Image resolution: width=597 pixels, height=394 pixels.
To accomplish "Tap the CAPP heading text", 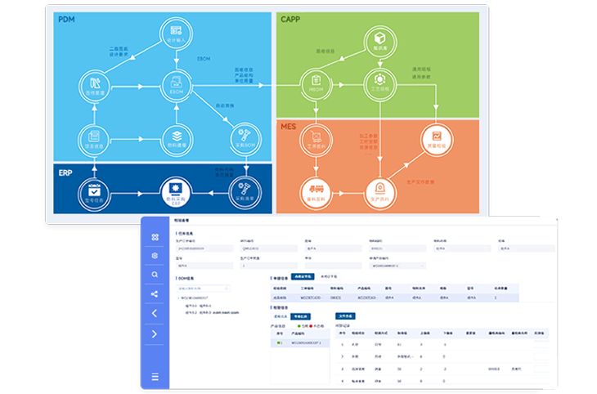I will click(x=292, y=19).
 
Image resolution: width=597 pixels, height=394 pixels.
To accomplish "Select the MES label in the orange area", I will click(x=289, y=128).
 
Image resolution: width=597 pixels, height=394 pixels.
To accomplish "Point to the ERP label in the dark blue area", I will click(x=66, y=172).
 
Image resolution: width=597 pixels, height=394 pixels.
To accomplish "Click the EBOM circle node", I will click(x=175, y=84).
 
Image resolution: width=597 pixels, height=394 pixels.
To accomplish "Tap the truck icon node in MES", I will click(x=313, y=190).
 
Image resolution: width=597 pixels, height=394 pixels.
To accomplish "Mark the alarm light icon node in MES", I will click(x=379, y=190).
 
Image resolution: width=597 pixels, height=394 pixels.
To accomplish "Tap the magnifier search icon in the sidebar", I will click(x=155, y=275).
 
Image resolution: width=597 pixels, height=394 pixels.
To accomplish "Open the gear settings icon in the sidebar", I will click(x=155, y=256).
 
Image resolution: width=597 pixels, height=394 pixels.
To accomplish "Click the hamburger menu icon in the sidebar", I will click(x=155, y=377).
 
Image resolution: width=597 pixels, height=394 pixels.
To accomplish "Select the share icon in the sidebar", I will click(x=155, y=294).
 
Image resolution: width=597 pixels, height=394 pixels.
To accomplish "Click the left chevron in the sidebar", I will click(x=155, y=314).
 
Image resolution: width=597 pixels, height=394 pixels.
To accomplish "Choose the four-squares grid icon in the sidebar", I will click(x=155, y=236).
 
